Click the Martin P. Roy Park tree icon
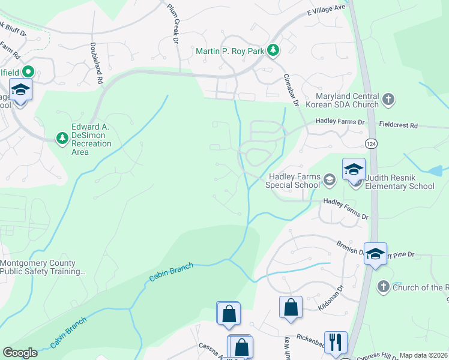pos(273,50)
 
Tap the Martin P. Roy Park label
pos(230,51)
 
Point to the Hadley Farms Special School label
pos(294,181)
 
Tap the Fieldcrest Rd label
pos(398,126)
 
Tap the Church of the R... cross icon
pos(384,287)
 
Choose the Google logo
pos(20,353)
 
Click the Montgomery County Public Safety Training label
pos(42,267)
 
